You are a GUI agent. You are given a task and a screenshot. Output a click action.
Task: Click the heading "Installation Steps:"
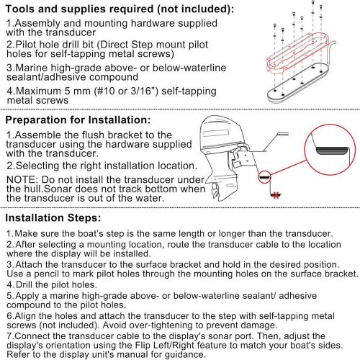53,218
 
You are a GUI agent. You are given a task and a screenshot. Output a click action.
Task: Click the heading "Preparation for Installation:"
78,120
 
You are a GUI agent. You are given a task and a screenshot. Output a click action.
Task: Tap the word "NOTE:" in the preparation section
21,180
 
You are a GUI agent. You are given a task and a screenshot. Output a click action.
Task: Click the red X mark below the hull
276,195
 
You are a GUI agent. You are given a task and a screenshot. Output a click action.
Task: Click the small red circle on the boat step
264,177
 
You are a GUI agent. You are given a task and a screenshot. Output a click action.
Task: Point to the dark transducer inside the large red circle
332,151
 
